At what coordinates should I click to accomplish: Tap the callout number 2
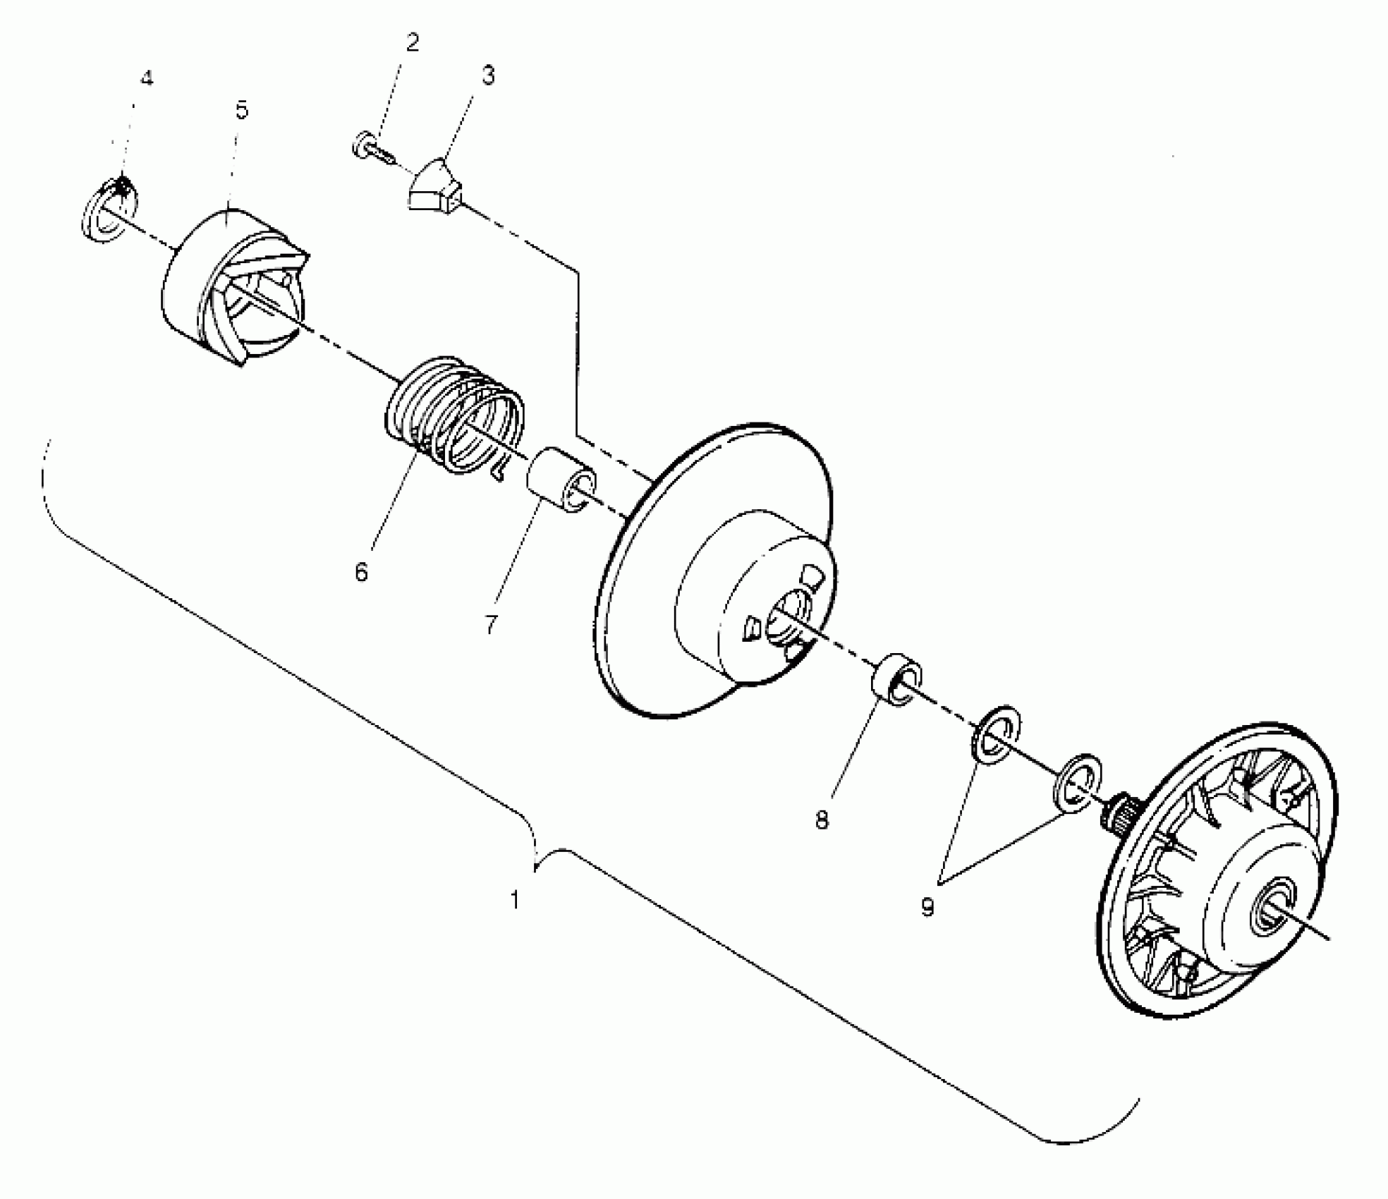(413, 43)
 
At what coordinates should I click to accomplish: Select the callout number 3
(488, 75)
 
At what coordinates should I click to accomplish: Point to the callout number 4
(146, 78)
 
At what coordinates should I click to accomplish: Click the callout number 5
(242, 111)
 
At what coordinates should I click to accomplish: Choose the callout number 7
(492, 625)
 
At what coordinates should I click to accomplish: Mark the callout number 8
(822, 821)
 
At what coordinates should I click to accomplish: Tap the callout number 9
(927, 908)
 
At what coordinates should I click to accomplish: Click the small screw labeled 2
(370, 149)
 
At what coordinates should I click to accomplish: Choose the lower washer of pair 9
(1077, 781)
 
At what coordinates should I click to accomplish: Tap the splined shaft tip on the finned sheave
(1119, 813)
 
